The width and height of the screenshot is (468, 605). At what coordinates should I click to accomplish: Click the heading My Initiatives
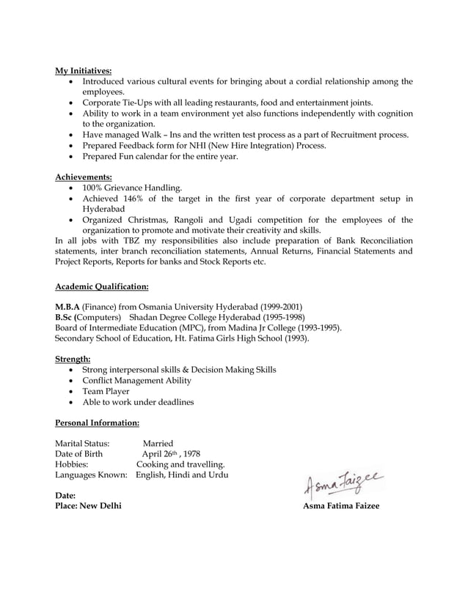(x=84, y=71)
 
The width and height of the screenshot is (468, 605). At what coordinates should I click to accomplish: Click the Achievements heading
(x=84, y=177)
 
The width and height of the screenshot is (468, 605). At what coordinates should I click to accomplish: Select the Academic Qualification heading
(x=102, y=286)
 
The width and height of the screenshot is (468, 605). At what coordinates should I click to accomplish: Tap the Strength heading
(x=73, y=359)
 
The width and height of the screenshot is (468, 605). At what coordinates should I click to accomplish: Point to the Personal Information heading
(x=98, y=423)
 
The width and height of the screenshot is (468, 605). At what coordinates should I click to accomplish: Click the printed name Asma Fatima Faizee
(x=341, y=507)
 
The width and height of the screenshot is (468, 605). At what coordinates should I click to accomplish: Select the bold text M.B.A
(x=67, y=306)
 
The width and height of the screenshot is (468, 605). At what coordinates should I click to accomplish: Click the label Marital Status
(x=82, y=443)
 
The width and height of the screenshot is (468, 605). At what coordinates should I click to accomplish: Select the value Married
(x=158, y=443)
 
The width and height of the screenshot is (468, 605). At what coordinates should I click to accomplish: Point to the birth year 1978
(x=191, y=454)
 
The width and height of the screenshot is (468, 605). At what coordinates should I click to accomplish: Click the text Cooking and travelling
(x=180, y=464)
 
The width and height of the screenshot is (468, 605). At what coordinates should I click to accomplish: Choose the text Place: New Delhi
(x=89, y=507)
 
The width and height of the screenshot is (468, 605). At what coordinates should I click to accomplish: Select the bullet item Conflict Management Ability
(x=136, y=381)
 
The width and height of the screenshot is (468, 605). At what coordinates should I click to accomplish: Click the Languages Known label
(x=92, y=475)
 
